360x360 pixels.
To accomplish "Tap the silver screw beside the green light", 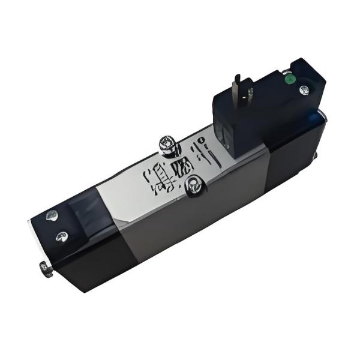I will point(304,90).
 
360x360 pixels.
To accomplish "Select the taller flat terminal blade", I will point(238,86).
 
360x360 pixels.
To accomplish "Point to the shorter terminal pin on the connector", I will point(250,93).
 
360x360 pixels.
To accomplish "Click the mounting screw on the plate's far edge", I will point(166,144).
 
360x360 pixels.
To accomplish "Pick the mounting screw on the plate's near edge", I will point(193,187).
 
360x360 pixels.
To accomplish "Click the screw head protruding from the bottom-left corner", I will point(45,268).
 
